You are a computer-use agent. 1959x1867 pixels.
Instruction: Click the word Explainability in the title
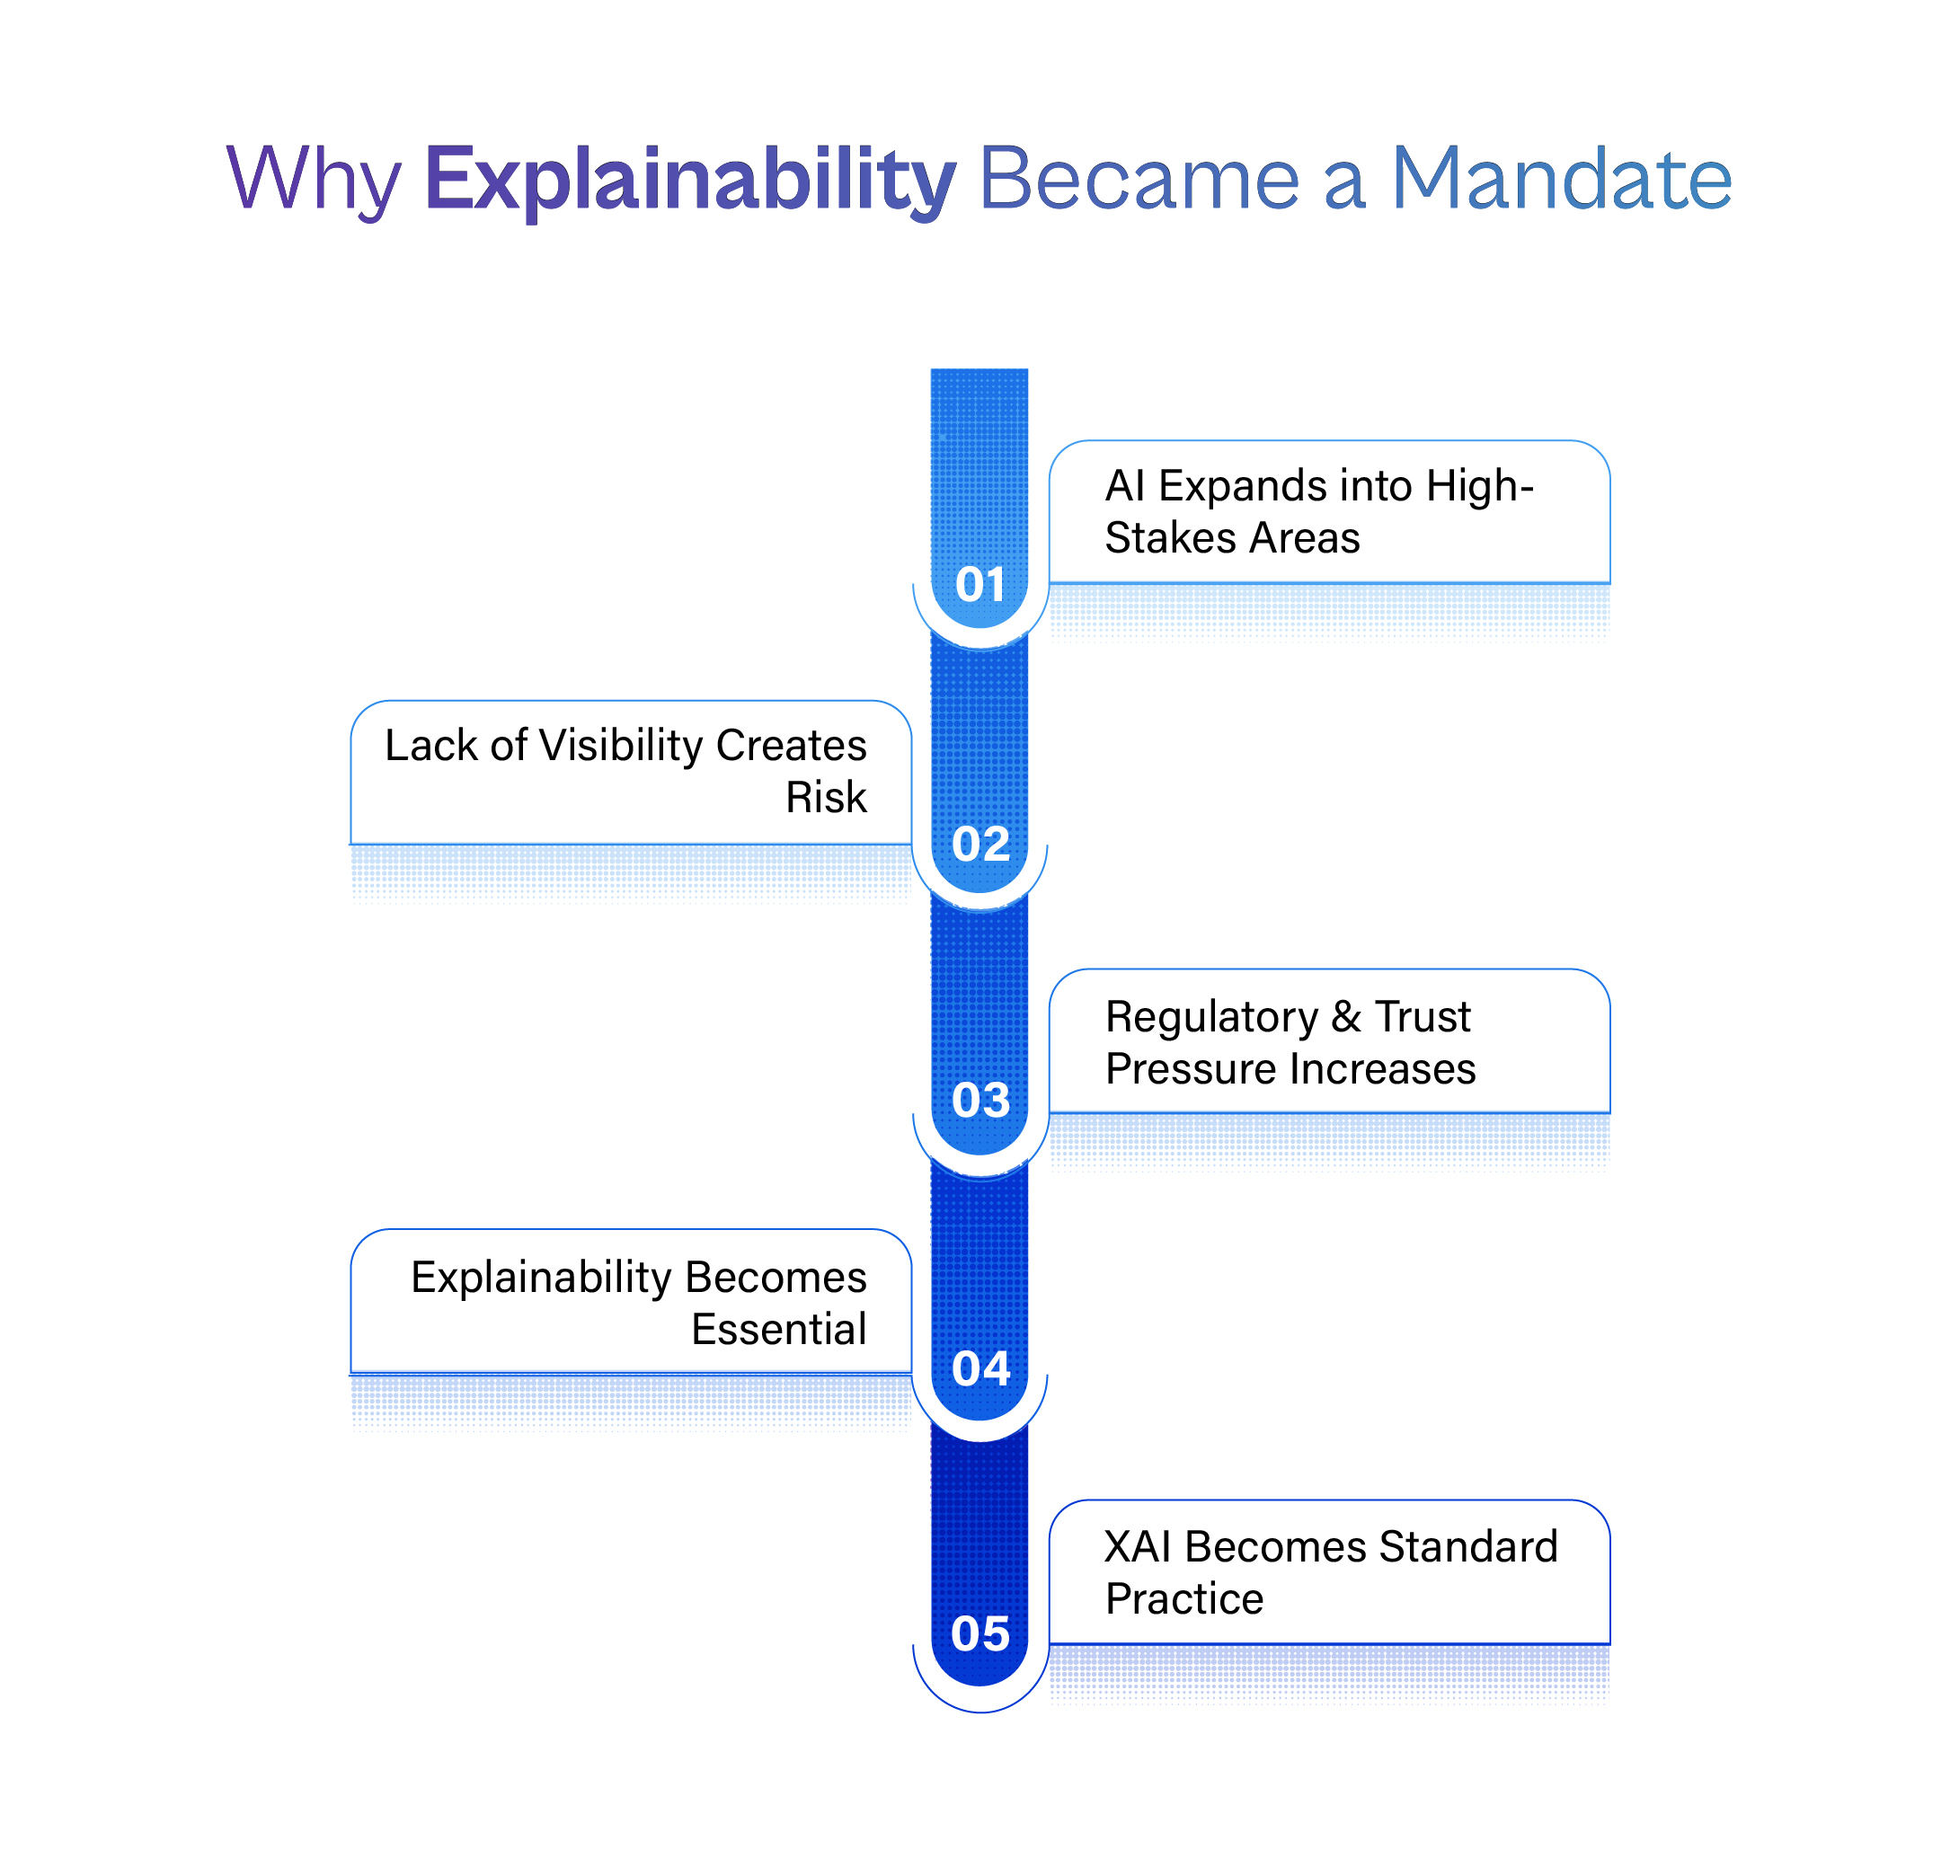point(690,180)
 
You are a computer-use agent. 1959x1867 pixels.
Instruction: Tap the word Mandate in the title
point(1561,179)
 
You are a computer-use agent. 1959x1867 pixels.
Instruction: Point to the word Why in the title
point(314,180)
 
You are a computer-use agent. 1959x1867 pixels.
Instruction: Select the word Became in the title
point(1139,179)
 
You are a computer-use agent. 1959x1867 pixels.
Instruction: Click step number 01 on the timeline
point(980,584)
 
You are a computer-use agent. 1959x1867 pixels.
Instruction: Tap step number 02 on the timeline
point(980,844)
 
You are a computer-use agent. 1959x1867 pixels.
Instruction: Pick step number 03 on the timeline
point(980,1100)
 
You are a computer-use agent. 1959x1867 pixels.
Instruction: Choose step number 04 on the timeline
point(980,1368)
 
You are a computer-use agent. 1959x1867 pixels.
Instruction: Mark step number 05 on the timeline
point(980,1633)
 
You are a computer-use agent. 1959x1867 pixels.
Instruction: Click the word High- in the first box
point(1479,486)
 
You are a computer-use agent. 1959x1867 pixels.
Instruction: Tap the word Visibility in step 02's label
point(620,745)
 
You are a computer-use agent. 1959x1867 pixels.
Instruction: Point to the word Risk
point(825,796)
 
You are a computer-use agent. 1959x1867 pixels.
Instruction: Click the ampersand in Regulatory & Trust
point(1346,1016)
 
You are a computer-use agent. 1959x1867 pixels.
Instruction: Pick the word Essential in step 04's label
point(778,1329)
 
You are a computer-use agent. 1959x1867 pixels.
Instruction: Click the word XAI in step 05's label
point(1137,1546)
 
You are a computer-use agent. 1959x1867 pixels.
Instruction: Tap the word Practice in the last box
point(1183,1598)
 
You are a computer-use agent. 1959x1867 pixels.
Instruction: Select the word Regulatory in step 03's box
point(1210,1017)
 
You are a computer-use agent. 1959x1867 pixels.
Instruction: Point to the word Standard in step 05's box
point(1468,1546)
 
